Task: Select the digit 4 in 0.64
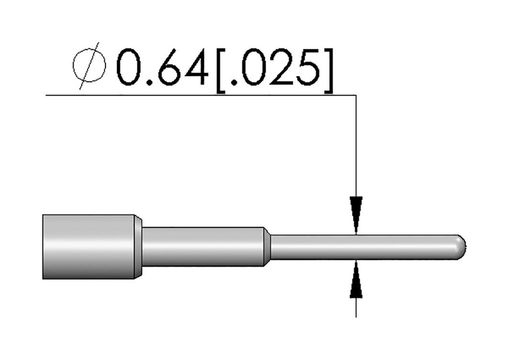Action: click(195, 67)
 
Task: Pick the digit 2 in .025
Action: click(282, 67)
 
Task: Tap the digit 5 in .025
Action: click(308, 67)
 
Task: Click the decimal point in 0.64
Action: click(150, 83)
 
